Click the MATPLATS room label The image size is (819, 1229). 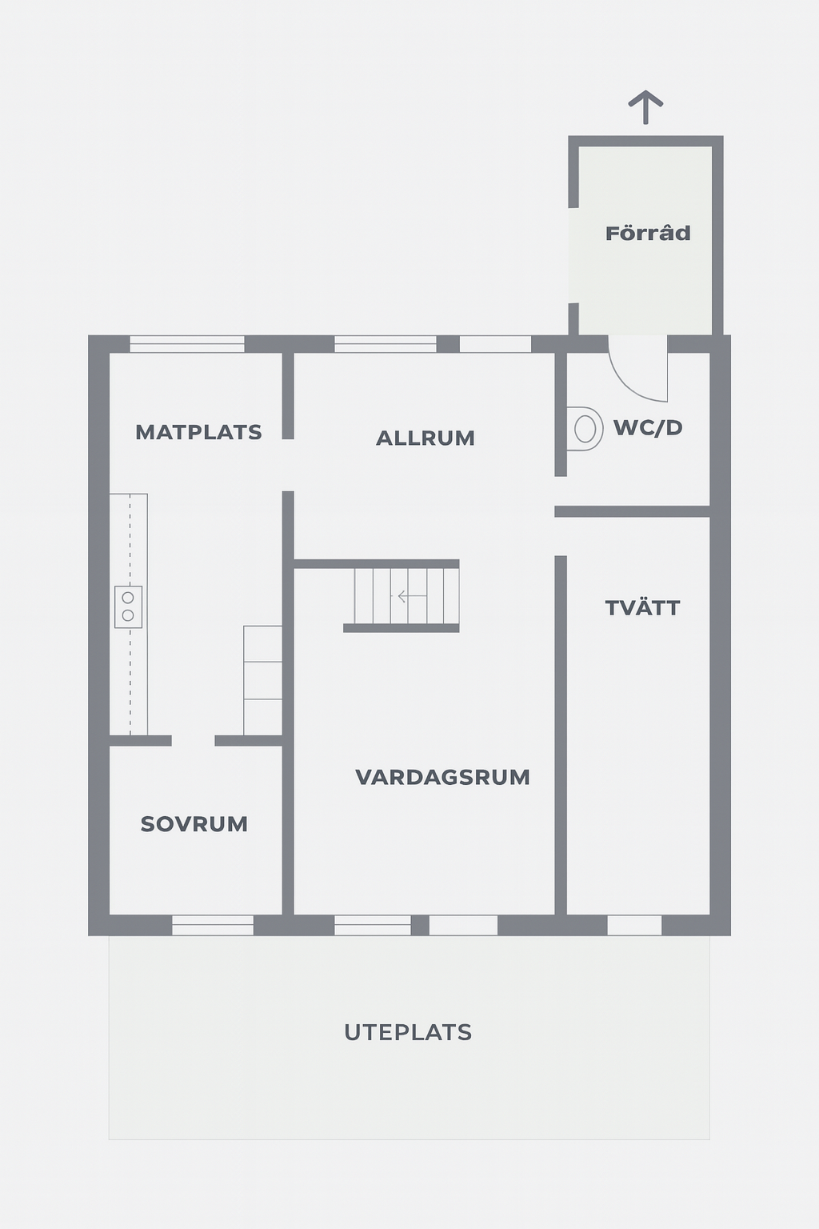[198, 432]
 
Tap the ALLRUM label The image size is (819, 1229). [425, 438]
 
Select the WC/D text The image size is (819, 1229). [648, 428]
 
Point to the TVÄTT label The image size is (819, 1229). [642, 607]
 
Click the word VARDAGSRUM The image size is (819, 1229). [442, 777]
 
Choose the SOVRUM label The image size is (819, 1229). [194, 824]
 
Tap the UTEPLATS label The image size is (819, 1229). [408, 1033]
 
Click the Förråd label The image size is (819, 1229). [648, 233]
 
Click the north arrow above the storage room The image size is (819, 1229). [645, 107]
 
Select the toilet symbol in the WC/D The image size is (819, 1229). [581, 429]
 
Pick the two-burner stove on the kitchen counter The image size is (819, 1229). [128, 606]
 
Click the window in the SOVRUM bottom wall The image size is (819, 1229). [213, 925]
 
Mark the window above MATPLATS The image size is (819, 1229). [187, 344]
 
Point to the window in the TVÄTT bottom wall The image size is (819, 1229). [635, 925]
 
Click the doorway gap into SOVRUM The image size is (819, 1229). [193, 741]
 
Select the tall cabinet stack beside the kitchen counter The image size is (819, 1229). [263, 680]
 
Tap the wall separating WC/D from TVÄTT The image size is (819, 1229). [633, 511]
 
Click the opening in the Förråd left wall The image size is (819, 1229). [573, 256]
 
